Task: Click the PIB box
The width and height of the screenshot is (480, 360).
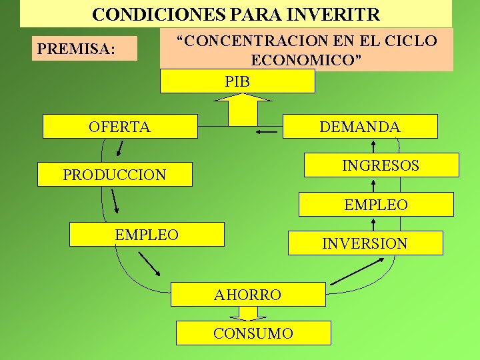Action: pyautogui.click(x=237, y=81)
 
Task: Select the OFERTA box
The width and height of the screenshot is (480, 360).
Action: pyautogui.click(x=120, y=126)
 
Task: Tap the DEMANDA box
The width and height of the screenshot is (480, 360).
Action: pyautogui.click(x=360, y=126)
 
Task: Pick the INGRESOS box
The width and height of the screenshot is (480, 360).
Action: pyautogui.click(x=381, y=165)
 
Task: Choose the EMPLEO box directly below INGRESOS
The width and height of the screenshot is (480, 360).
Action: pyautogui.click(x=376, y=204)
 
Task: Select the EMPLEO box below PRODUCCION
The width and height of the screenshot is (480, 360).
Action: pyautogui.click(x=147, y=234)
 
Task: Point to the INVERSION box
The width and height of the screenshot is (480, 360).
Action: pyautogui.click(x=365, y=243)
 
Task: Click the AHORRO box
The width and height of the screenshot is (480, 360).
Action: pyautogui.click(x=247, y=294)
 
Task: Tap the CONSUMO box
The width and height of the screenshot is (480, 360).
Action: pyautogui.click(x=253, y=333)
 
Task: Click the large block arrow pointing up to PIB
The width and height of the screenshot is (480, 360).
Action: pyautogui.click(x=243, y=108)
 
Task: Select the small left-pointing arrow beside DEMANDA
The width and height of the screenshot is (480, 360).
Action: pyautogui.click(x=267, y=132)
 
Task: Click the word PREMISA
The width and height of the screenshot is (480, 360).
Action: pyautogui.click(x=76, y=49)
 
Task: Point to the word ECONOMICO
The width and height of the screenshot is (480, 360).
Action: pyautogui.click(x=306, y=59)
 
